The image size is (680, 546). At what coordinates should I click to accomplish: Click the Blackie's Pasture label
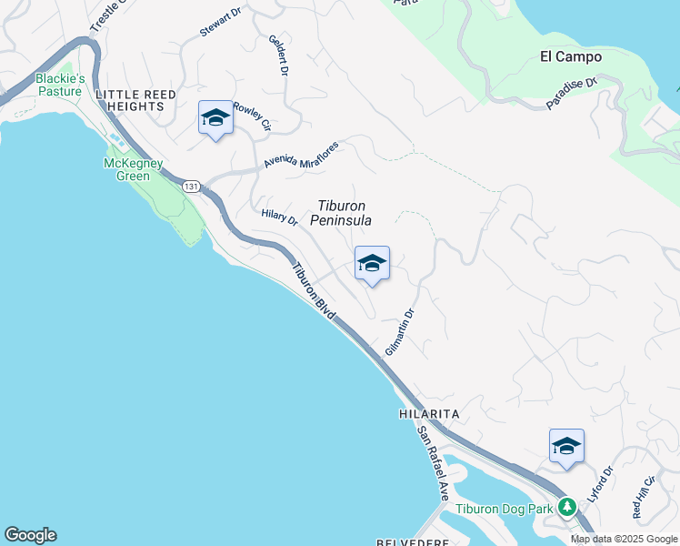click(60, 85)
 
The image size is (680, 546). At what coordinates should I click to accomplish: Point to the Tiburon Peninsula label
click(341, 213)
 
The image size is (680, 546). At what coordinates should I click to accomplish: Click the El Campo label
click(571, 56)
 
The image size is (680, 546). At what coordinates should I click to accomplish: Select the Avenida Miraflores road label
click(301, 153)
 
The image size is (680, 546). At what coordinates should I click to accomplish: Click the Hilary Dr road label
click(279, 217)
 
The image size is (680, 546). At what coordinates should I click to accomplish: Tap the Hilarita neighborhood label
click(429, 413)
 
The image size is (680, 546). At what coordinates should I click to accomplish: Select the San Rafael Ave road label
click(434, 464)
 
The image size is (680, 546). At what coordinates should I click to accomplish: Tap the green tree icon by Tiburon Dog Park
click(568, 506)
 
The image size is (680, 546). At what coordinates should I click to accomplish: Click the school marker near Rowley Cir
click(215, 118)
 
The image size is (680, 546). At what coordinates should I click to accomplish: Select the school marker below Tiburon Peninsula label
click(372, 264)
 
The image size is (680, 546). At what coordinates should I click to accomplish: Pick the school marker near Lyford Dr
click(566, 446)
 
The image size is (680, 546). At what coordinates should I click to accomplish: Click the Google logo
click(30, 535)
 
